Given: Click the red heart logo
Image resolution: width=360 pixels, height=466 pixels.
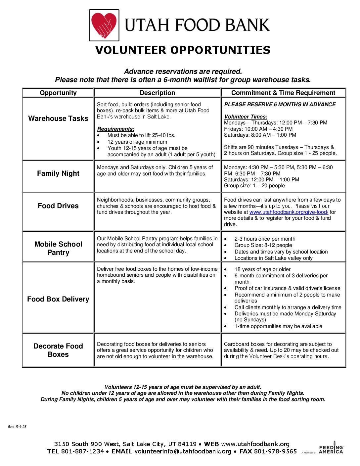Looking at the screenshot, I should pyautogui.click(x=104, y=25).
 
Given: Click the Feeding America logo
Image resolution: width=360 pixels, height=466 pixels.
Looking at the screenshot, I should pyautogui.click(x=331, y=448).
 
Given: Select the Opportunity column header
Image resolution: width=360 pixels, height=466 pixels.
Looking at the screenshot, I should pyautogui.click(x=58, y=93).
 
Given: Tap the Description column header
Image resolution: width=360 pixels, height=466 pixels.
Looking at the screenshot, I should pyautogui.click(x=157, y=93).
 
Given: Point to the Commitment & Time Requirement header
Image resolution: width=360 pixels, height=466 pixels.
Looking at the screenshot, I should pyautogui.click(x=283, y=93).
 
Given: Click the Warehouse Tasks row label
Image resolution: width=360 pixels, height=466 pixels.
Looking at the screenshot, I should pyautogui.click(x=58, y=118).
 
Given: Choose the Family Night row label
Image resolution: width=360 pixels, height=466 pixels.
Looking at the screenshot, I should pyautogui.click(x=58, y=173).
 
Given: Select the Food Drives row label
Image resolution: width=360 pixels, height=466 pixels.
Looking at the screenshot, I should pyautogui.click(x=58, y=206).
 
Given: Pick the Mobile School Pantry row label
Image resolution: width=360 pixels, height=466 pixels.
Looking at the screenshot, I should pyautogui.click(x=58, y=248).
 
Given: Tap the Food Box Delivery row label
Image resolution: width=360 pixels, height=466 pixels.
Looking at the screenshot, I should pyautogui.click(x=58, y=299).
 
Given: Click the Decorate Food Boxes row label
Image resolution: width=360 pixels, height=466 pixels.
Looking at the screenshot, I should pyautogui.click(x=58, y=350).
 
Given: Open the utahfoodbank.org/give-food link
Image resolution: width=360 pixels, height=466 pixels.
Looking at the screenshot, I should pyautogui.click(x=289, y=212).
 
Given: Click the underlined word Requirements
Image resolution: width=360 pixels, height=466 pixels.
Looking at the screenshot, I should pyautogui.click(x=115, y=129).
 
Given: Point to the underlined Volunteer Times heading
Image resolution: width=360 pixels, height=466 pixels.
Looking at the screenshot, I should pyautogui.click(x=246, y=117).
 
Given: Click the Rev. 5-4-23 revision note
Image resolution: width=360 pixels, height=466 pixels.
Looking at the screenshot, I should pyautogui.click(x=17, y=427).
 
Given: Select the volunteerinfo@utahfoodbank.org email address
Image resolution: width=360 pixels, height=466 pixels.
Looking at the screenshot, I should pyautogui.click(x=183, y=451).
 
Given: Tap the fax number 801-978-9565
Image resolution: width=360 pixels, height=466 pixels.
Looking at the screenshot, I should pyautogui.click(x=275, y=451).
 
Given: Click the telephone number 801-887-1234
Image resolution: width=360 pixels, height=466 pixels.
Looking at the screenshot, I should pyautogui.click(x=82, y=451).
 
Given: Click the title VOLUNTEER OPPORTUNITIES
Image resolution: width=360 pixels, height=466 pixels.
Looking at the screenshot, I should pyautogui.click(x=183, y=50).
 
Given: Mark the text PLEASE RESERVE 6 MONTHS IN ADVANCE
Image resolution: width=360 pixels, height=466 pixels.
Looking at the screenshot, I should pyautogui.click(x=280, y=104).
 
